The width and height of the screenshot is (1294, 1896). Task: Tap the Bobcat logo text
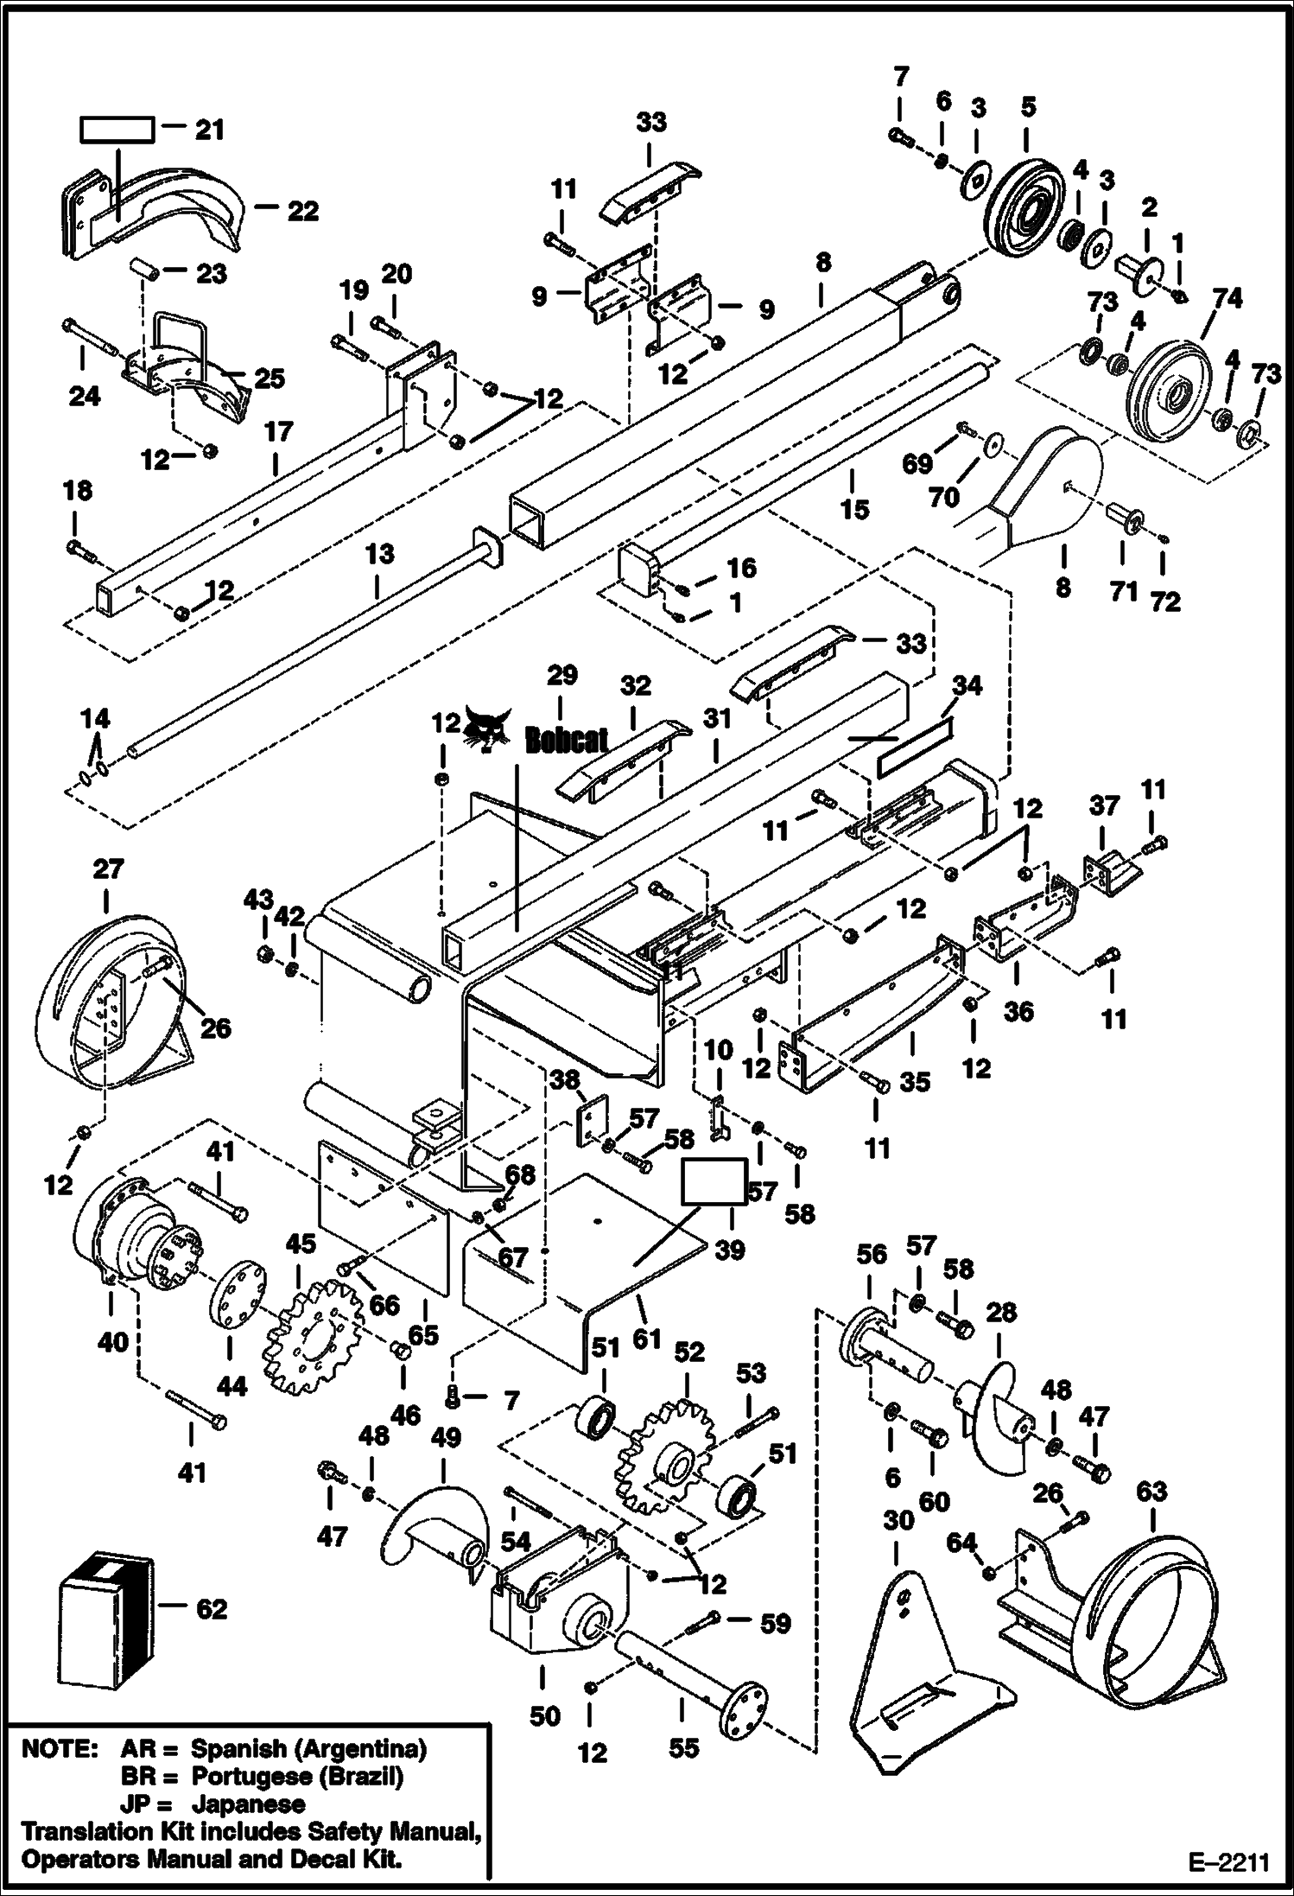(x=566, y=740)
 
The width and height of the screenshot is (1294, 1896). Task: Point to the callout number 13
(x=380, y=554)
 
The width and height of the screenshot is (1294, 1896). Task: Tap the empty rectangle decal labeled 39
(x=714, y=1181)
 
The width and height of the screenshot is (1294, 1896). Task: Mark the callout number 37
(x=1103, y=805)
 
